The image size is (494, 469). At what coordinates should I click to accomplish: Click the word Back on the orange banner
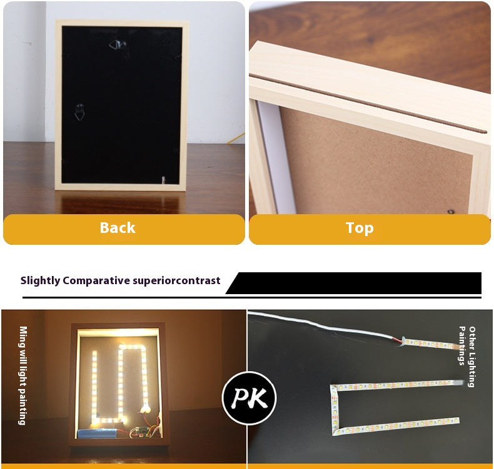(118, 228)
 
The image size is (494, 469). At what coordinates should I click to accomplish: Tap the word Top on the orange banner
(360, 228)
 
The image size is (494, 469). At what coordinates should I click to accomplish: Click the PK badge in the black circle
(250, 398)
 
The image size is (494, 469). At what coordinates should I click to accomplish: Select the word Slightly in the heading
(40, 280)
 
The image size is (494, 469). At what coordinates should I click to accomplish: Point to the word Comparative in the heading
(96, 280)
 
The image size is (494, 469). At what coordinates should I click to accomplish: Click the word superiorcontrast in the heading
(176, 280)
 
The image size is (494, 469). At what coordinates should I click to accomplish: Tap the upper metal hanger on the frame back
(118, 45)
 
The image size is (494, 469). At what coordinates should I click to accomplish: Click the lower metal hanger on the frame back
(79, 112)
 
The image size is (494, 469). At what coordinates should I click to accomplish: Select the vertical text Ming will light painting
(23, 375)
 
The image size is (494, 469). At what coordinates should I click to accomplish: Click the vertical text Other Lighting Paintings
(467, 357)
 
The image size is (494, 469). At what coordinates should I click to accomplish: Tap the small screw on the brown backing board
(451, 212)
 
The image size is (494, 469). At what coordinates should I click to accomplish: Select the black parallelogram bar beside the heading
(353, 283)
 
